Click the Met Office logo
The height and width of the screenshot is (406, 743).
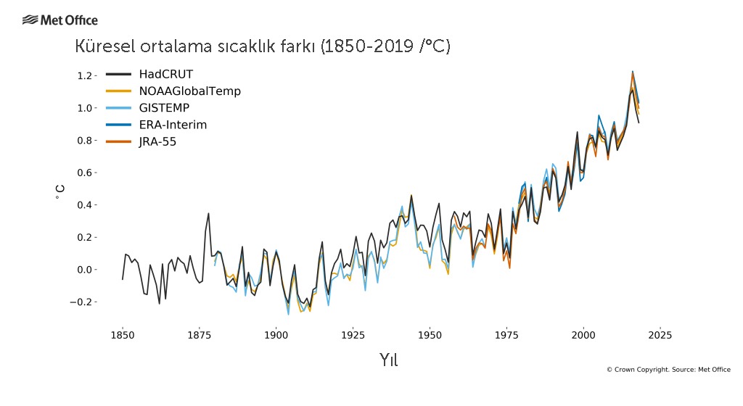[x=59, y=20]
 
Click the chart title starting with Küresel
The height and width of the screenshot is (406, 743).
[x=263, y=47]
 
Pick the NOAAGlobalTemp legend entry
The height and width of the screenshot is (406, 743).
[x=189, y=91]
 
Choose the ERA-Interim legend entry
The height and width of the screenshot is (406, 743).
[x=173, y=125]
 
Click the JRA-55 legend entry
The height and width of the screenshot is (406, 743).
[x=157, y=142]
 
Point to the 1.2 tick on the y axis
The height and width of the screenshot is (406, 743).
[x=85, y=76]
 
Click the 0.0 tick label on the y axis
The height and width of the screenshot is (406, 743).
[x=85, y=270]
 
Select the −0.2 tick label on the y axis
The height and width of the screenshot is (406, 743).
[x=82, y=302]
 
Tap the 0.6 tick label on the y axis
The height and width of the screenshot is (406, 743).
[x=85, y=173]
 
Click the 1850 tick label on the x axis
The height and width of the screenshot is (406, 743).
[x=122, y=335]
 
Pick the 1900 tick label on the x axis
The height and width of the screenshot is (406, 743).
[x=276, y=335]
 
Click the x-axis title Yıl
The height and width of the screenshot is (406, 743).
[x=388, y=360]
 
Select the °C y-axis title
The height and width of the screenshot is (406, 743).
[x=59, y=192]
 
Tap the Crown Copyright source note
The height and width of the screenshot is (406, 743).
[x=668, y=370]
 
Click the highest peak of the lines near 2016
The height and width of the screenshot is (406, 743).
[x=633, y=71]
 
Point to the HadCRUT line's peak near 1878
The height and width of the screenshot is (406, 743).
[x=208, y=213]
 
